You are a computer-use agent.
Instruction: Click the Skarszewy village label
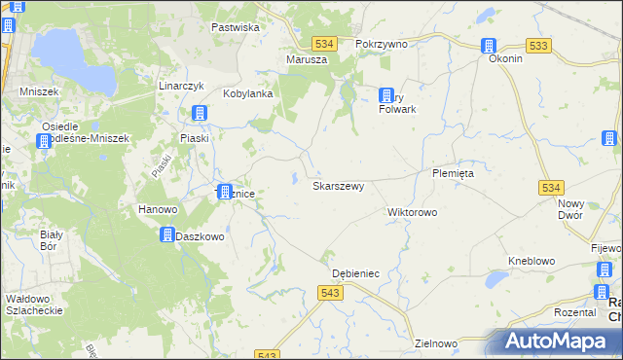point(338,185)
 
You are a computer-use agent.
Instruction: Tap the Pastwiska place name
point(235,27)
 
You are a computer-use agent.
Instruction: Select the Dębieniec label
point(355,274)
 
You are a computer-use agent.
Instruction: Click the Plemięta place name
point(452,173)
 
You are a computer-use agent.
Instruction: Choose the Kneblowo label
point(531,261)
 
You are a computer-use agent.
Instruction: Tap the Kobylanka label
point(246,93)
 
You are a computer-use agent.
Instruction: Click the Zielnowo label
point(435,343)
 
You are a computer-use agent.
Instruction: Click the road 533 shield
point(537,46)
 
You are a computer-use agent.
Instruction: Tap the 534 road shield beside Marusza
point(325,44)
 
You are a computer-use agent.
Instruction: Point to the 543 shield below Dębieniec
point(330,293)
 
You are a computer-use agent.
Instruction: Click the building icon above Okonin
point(489,45)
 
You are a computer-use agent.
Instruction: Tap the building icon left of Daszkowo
point(166,235)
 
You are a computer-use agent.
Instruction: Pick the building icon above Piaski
point(200,114)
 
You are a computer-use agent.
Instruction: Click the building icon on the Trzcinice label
point(225,193)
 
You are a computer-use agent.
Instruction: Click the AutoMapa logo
point(558,341)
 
